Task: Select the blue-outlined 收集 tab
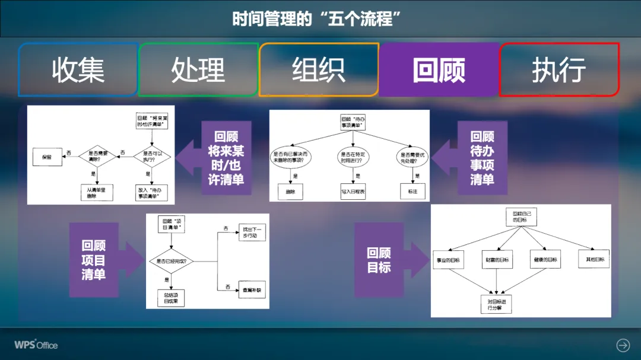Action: pyautogui.click(x=78, y=70)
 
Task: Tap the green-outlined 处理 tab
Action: pyautogui.click(x=198, y=70)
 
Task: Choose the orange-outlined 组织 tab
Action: pyautogui.click(x=319, y=70)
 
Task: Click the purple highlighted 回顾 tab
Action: pyautogui.click(x=439, y=70)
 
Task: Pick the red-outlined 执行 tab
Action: pyautogui.click(x=559, y=70)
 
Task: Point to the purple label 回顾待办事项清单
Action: pyautogui.click(x=482, y=158)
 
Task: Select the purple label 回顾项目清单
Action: pyautogui.click(x=94, y=260)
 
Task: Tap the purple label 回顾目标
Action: pyautogui.click(x=379, y=260)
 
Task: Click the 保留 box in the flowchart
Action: pyautogui.click(x=47, y=158)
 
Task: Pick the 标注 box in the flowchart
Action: pyautogui.click(x=413, y=192)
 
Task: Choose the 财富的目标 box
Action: pyautogui.click(x=497, y=260)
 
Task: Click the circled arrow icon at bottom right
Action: pyautogui.click(x=623, y=345)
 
